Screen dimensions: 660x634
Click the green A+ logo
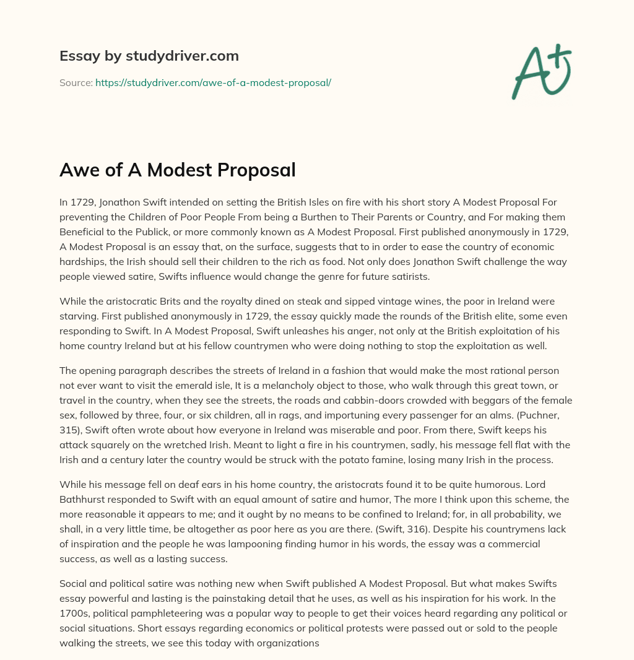click(541, 72)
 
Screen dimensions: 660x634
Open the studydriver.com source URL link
click(213, 82)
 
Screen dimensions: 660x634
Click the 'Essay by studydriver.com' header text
click(149, 56)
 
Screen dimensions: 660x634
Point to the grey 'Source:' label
click(76, 82)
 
